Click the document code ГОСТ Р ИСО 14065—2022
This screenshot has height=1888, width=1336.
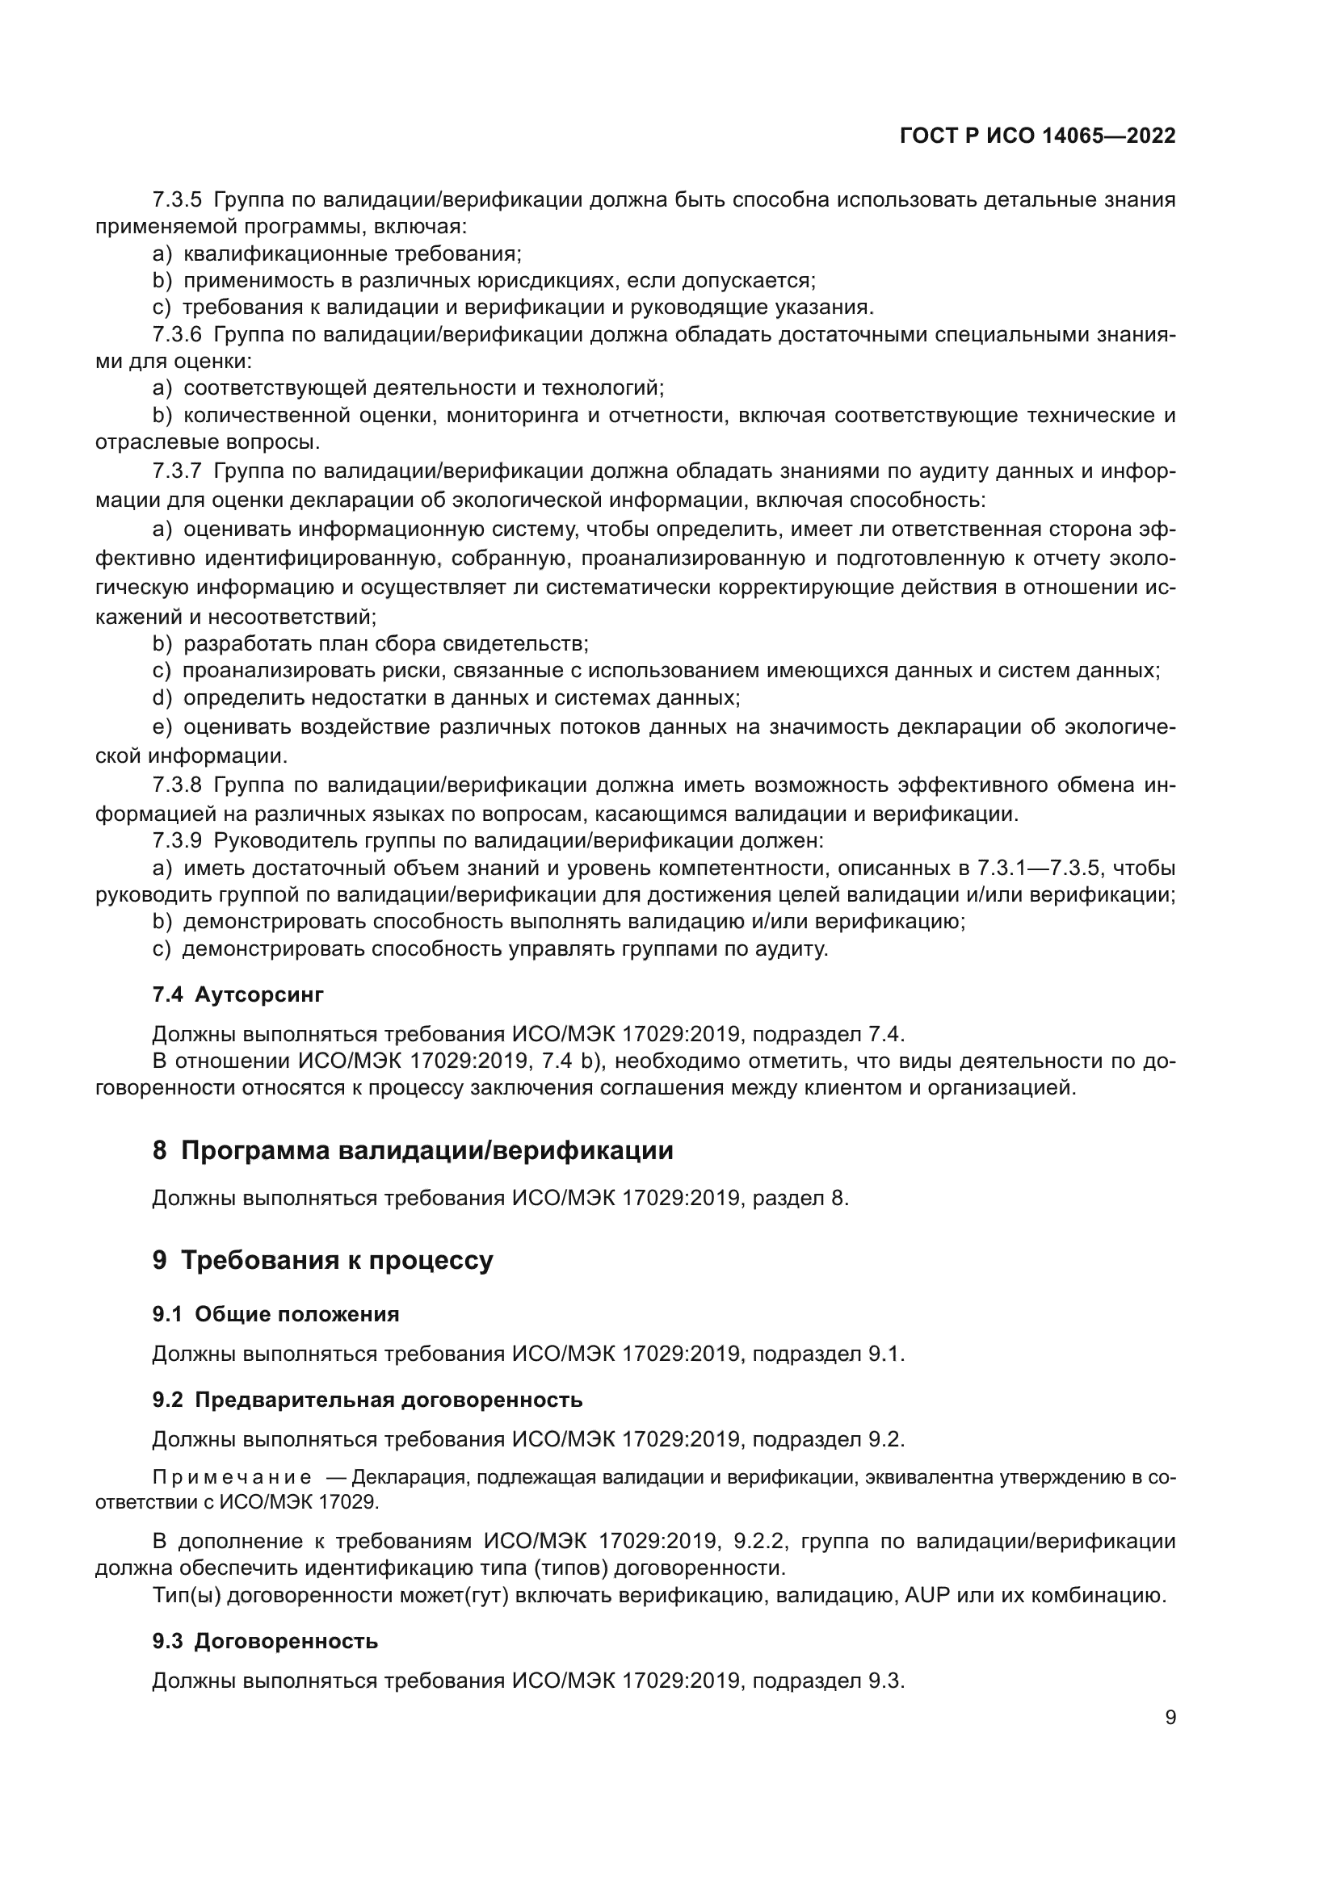pyautogui.click(x=1037, y=136)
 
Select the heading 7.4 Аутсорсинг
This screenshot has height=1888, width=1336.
pyautogui.click(x=237, y=994)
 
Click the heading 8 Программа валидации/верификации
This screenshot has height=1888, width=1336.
pyautogui.click(x=412, y=1150)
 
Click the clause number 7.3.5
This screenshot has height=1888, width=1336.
pyautogui.click(x=177, y=199)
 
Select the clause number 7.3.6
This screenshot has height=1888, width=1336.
pyautogui.click(x=177, y=335)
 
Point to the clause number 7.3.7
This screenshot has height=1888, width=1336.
pyautogui.click(x=177, y=471)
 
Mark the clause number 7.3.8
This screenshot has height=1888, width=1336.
pyautogui.click(x=177, y=785)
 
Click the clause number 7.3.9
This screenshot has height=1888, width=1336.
pyautogui.click(x=177, y=841)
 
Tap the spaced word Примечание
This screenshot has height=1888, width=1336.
pyautogui.click(x=232, y=1477)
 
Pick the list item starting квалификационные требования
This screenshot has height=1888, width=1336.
pyautogui.click(x=352, y=253)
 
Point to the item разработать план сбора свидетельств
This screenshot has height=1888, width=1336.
pyautogui.click(x=385, y=643)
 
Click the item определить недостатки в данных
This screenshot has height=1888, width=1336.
pyautogui.click(x=460, y=698)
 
